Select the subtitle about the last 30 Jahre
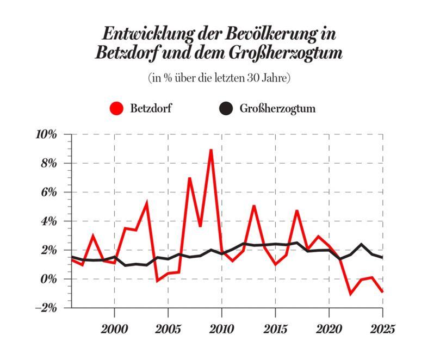[220, 77]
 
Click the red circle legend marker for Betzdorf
[116, 108]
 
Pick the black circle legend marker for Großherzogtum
[226, 108]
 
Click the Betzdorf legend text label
[151, 108]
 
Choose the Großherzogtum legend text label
[277, 108]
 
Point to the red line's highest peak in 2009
[211, 150]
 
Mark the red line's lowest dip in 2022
[350, 294]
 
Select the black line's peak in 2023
[361, 244]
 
